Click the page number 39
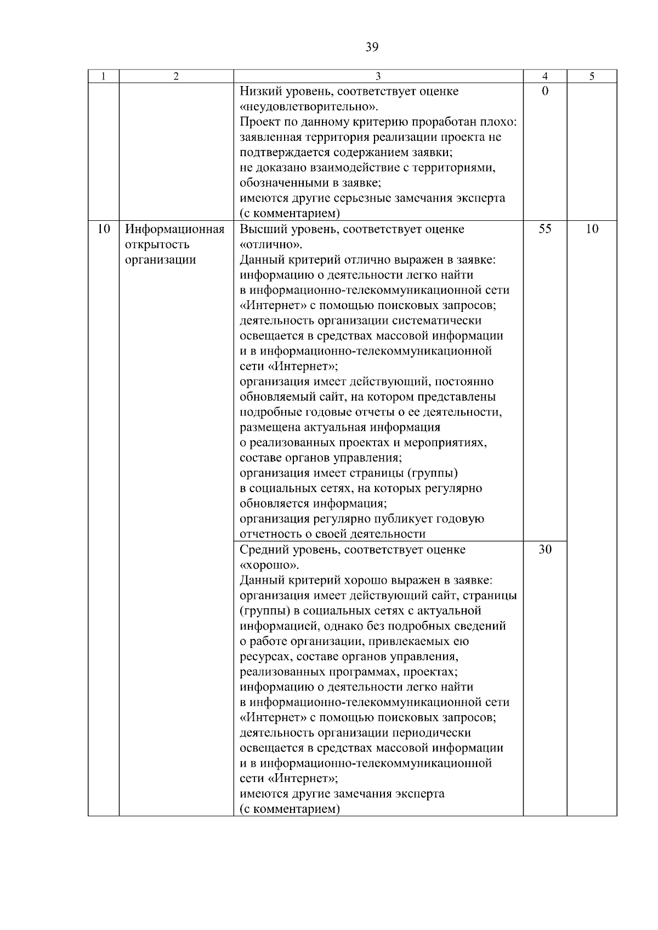371,48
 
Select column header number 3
378,77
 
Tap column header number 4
544,77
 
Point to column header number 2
176,77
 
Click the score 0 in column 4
544,92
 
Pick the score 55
544,229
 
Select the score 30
544,550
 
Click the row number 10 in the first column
104,229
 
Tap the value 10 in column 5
591,229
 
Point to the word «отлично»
271,244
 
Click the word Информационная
175,229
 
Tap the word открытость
157,244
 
